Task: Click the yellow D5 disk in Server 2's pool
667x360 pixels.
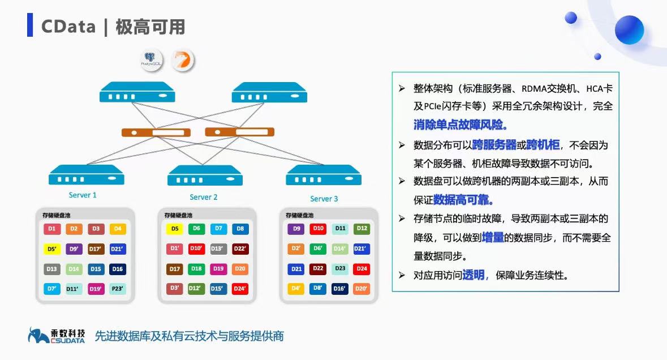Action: pyautogui.click(x=175, y=229)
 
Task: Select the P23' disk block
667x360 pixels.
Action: pyautogui.click(x=118, y=288)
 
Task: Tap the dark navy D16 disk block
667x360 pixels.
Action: pyautogui.click(x=118, y=269)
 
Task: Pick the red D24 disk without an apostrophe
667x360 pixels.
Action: pyautogui.click(x=362, y=268)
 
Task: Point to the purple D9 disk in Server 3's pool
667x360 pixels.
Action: pyautogui.click(x=296, y=229)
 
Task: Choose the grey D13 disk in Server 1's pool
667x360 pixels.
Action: pyautogui.click(x=52, y=269)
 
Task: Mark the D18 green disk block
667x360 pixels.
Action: pyautogui.click(x=197, y=269)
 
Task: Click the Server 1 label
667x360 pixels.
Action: pyautogui.click(x=83, y=195)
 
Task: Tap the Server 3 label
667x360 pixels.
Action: pyautogui.click(x=324, y=199)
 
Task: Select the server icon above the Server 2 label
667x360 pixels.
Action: pyautogui.click(x=205, y=175)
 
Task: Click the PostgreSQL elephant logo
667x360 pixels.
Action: pyautogui.click(x=151, y=61)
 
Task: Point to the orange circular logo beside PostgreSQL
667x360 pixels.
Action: pyautogui.click(x=182, y=61)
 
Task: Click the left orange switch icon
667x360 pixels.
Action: pyautogui.click(x=156, y=133)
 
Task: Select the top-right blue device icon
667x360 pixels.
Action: pyautogui.click(x=269, y=92)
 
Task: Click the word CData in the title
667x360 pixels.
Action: pyautogui.click(x=68, y=26)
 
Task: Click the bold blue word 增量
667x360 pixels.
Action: pyautogui.click(x=493, y=238)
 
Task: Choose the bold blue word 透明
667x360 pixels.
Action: pyautogui.click(x=474, y=275)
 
